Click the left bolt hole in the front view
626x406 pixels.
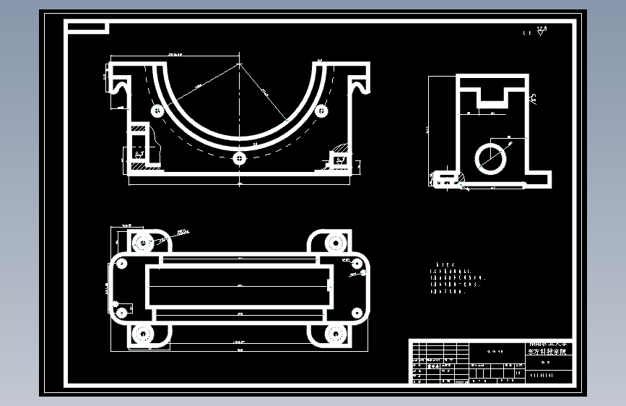(156, 111)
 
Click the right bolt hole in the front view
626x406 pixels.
(321, 111)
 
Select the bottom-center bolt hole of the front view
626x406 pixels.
(240, 157)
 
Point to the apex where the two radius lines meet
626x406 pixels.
(240, 64)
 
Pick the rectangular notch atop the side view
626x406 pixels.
(492, 95)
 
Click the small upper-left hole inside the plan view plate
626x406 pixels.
(122, 263)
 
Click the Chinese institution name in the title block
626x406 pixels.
(551, 348)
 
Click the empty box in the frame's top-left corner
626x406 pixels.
(87, 27)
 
